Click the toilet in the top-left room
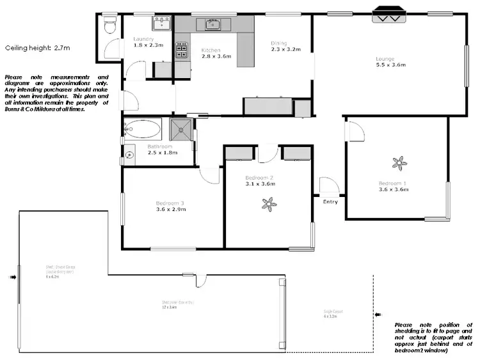[x=109, y=26]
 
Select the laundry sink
[x=161, y=24]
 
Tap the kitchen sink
[x=212, y=25]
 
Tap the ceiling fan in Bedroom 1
[x=400, y=164]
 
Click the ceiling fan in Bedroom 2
[x=269, y=204]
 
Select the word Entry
[x=330, y=201]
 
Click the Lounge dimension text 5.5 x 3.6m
[x=391, y=65]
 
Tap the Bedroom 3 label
[x=170, y=203]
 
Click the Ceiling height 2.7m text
[x=36, y=47]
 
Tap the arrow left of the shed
[x=13, y=278]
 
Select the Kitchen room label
[x=211, y=50]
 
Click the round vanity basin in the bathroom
[x=129, y=153]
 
